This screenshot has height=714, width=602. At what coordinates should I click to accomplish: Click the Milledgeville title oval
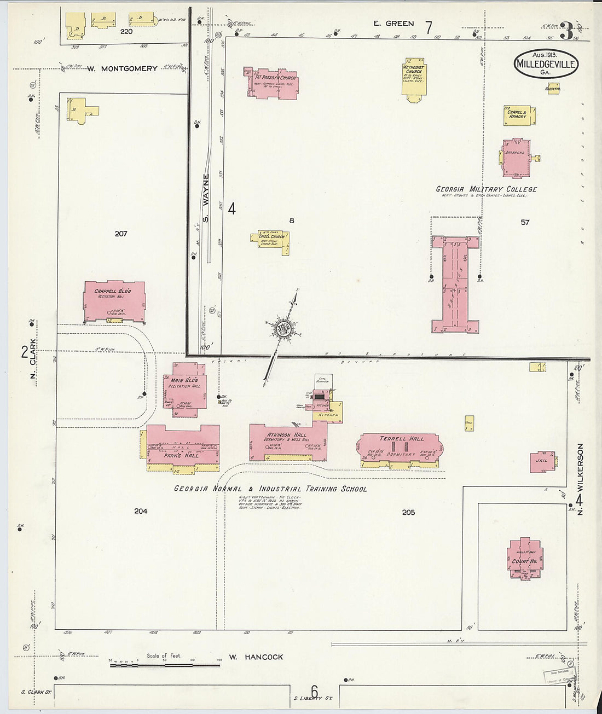pos(546,64)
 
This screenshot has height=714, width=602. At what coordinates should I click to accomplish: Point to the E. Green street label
pos(393,24)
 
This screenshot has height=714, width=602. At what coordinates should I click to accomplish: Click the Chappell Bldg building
pos(114,301)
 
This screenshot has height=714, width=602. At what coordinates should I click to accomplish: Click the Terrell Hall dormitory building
pos(401,449)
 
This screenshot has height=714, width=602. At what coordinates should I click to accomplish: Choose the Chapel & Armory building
pos(518,115)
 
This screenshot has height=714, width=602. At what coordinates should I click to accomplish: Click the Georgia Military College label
pos(486,189)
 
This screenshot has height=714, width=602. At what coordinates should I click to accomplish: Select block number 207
pos(121,234)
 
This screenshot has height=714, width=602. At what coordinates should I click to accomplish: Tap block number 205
pos(408,512)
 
